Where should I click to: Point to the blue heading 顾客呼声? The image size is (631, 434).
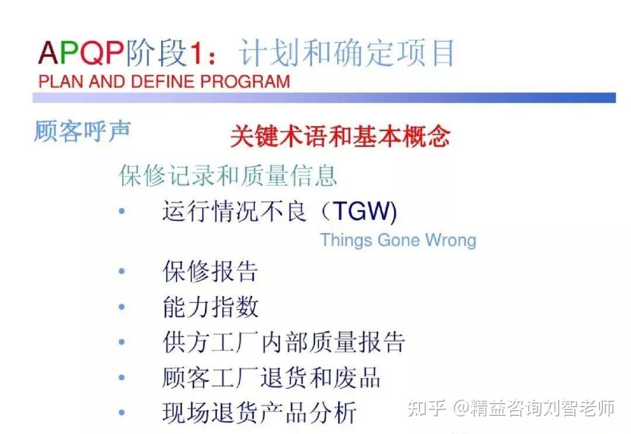(x=82, y=131)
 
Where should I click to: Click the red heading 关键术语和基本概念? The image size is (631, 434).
(x=340, y=137)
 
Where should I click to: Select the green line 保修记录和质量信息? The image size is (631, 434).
(x=228, y=175)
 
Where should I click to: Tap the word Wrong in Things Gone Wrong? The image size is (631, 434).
(x=450, y=240)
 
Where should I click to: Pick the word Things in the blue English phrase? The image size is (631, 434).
(x=346, y=240)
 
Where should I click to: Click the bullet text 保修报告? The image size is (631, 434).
(x=210, y=272)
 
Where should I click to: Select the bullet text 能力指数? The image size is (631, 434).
(x=210, y=307)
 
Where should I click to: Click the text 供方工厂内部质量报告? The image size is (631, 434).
(x=283, y=342)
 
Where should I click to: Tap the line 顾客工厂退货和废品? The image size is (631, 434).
(x=271, y=377)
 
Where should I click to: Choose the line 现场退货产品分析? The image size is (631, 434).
(x=259, y=412)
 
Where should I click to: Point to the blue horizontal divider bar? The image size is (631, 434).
(x=324, y=98)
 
